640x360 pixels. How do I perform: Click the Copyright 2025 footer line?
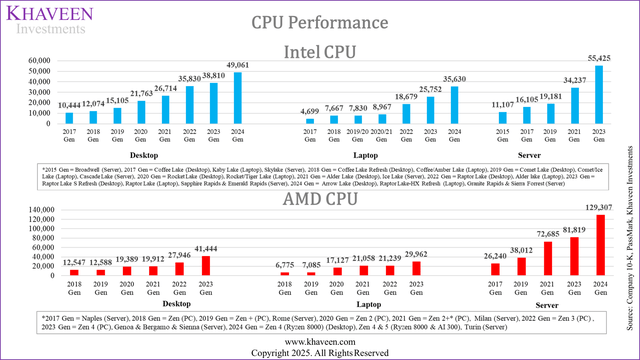[x=320, y=352]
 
